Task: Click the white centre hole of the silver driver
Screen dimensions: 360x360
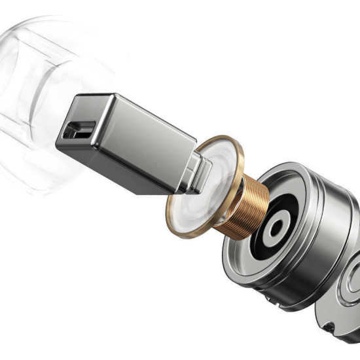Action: tap(276, 228)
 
